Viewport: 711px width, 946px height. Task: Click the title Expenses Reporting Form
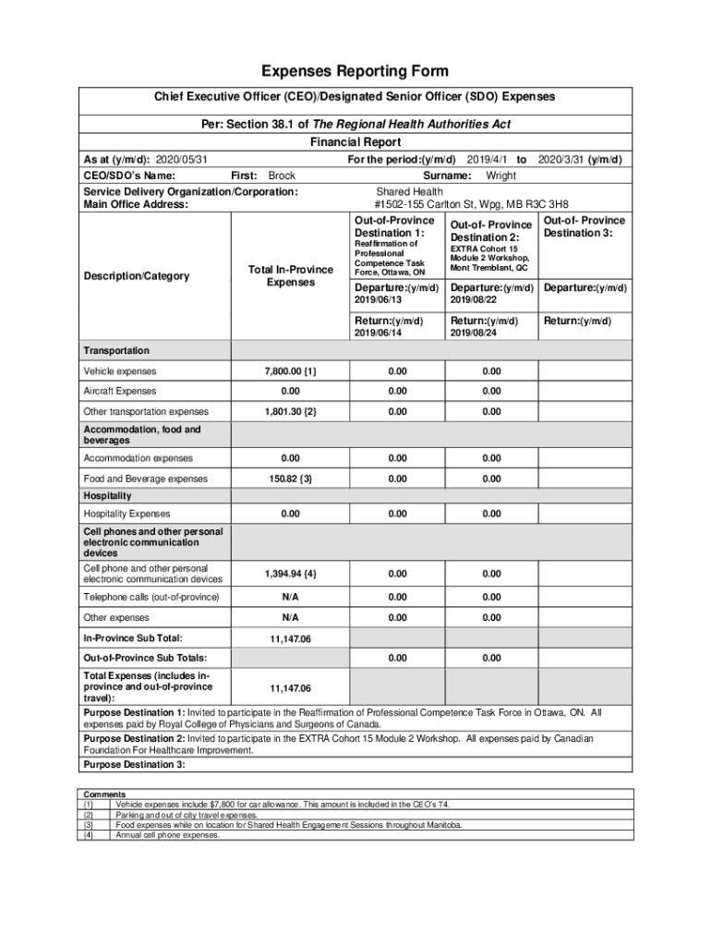coord(355,71)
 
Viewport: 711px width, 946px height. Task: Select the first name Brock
coord(282,176)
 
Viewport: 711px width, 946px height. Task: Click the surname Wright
coord(500,176)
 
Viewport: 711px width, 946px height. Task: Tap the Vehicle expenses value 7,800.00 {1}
coord(291,371)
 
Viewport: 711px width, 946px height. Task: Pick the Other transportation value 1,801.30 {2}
coord(291,411)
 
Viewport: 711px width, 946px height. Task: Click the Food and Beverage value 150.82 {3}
coord(291,479)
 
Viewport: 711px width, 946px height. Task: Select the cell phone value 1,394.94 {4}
coord(291,574)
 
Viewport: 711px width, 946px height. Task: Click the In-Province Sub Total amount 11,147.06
coord(290,638)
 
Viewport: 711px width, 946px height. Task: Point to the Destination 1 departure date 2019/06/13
coord(379,300)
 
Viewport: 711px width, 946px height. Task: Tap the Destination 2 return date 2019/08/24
coord(473,334)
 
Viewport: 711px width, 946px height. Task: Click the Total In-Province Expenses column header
coord(291,275)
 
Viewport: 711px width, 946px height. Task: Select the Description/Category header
coord(136,276)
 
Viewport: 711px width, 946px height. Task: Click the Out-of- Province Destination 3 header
coord(584,226)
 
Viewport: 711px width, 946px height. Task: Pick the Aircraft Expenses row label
coord(120,392)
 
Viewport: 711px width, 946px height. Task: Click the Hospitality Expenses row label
coord(127,514)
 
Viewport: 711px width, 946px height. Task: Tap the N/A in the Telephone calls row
coord(291,598)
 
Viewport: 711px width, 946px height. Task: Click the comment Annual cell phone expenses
coord(167,835)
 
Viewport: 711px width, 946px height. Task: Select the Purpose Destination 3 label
coord(135,765)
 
